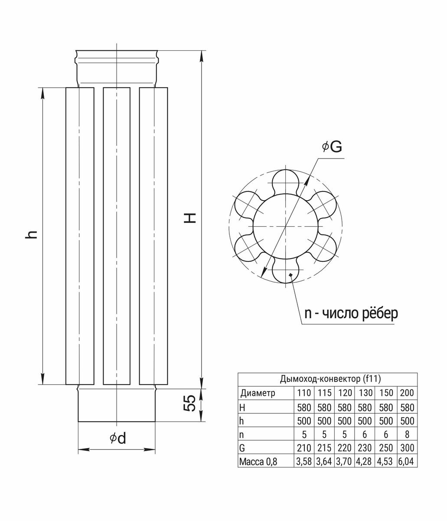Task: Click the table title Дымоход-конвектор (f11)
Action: click(x=330, y=379)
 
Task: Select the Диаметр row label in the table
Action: click(x=258, y=393)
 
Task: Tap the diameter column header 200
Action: click(x=407, y=393)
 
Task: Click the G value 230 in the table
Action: click(x=365, y=448)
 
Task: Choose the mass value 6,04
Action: click(x=406, y=461)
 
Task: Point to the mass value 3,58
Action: click(x=304, y=461)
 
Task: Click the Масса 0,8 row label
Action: click(x=258, y=461)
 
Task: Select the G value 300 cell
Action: click(x=407, y=448)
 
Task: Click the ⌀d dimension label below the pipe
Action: click(x=118, y=439)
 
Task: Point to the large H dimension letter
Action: click(x=190, y=218)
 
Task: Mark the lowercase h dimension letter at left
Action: click(x=31, y=234)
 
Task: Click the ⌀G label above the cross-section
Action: click(x=332, y=147)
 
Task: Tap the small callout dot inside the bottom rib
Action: click(x=290, y=275)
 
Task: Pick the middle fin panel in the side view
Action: click(x=117, y=236)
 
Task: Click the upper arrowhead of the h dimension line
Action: click(x=43, y=95)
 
